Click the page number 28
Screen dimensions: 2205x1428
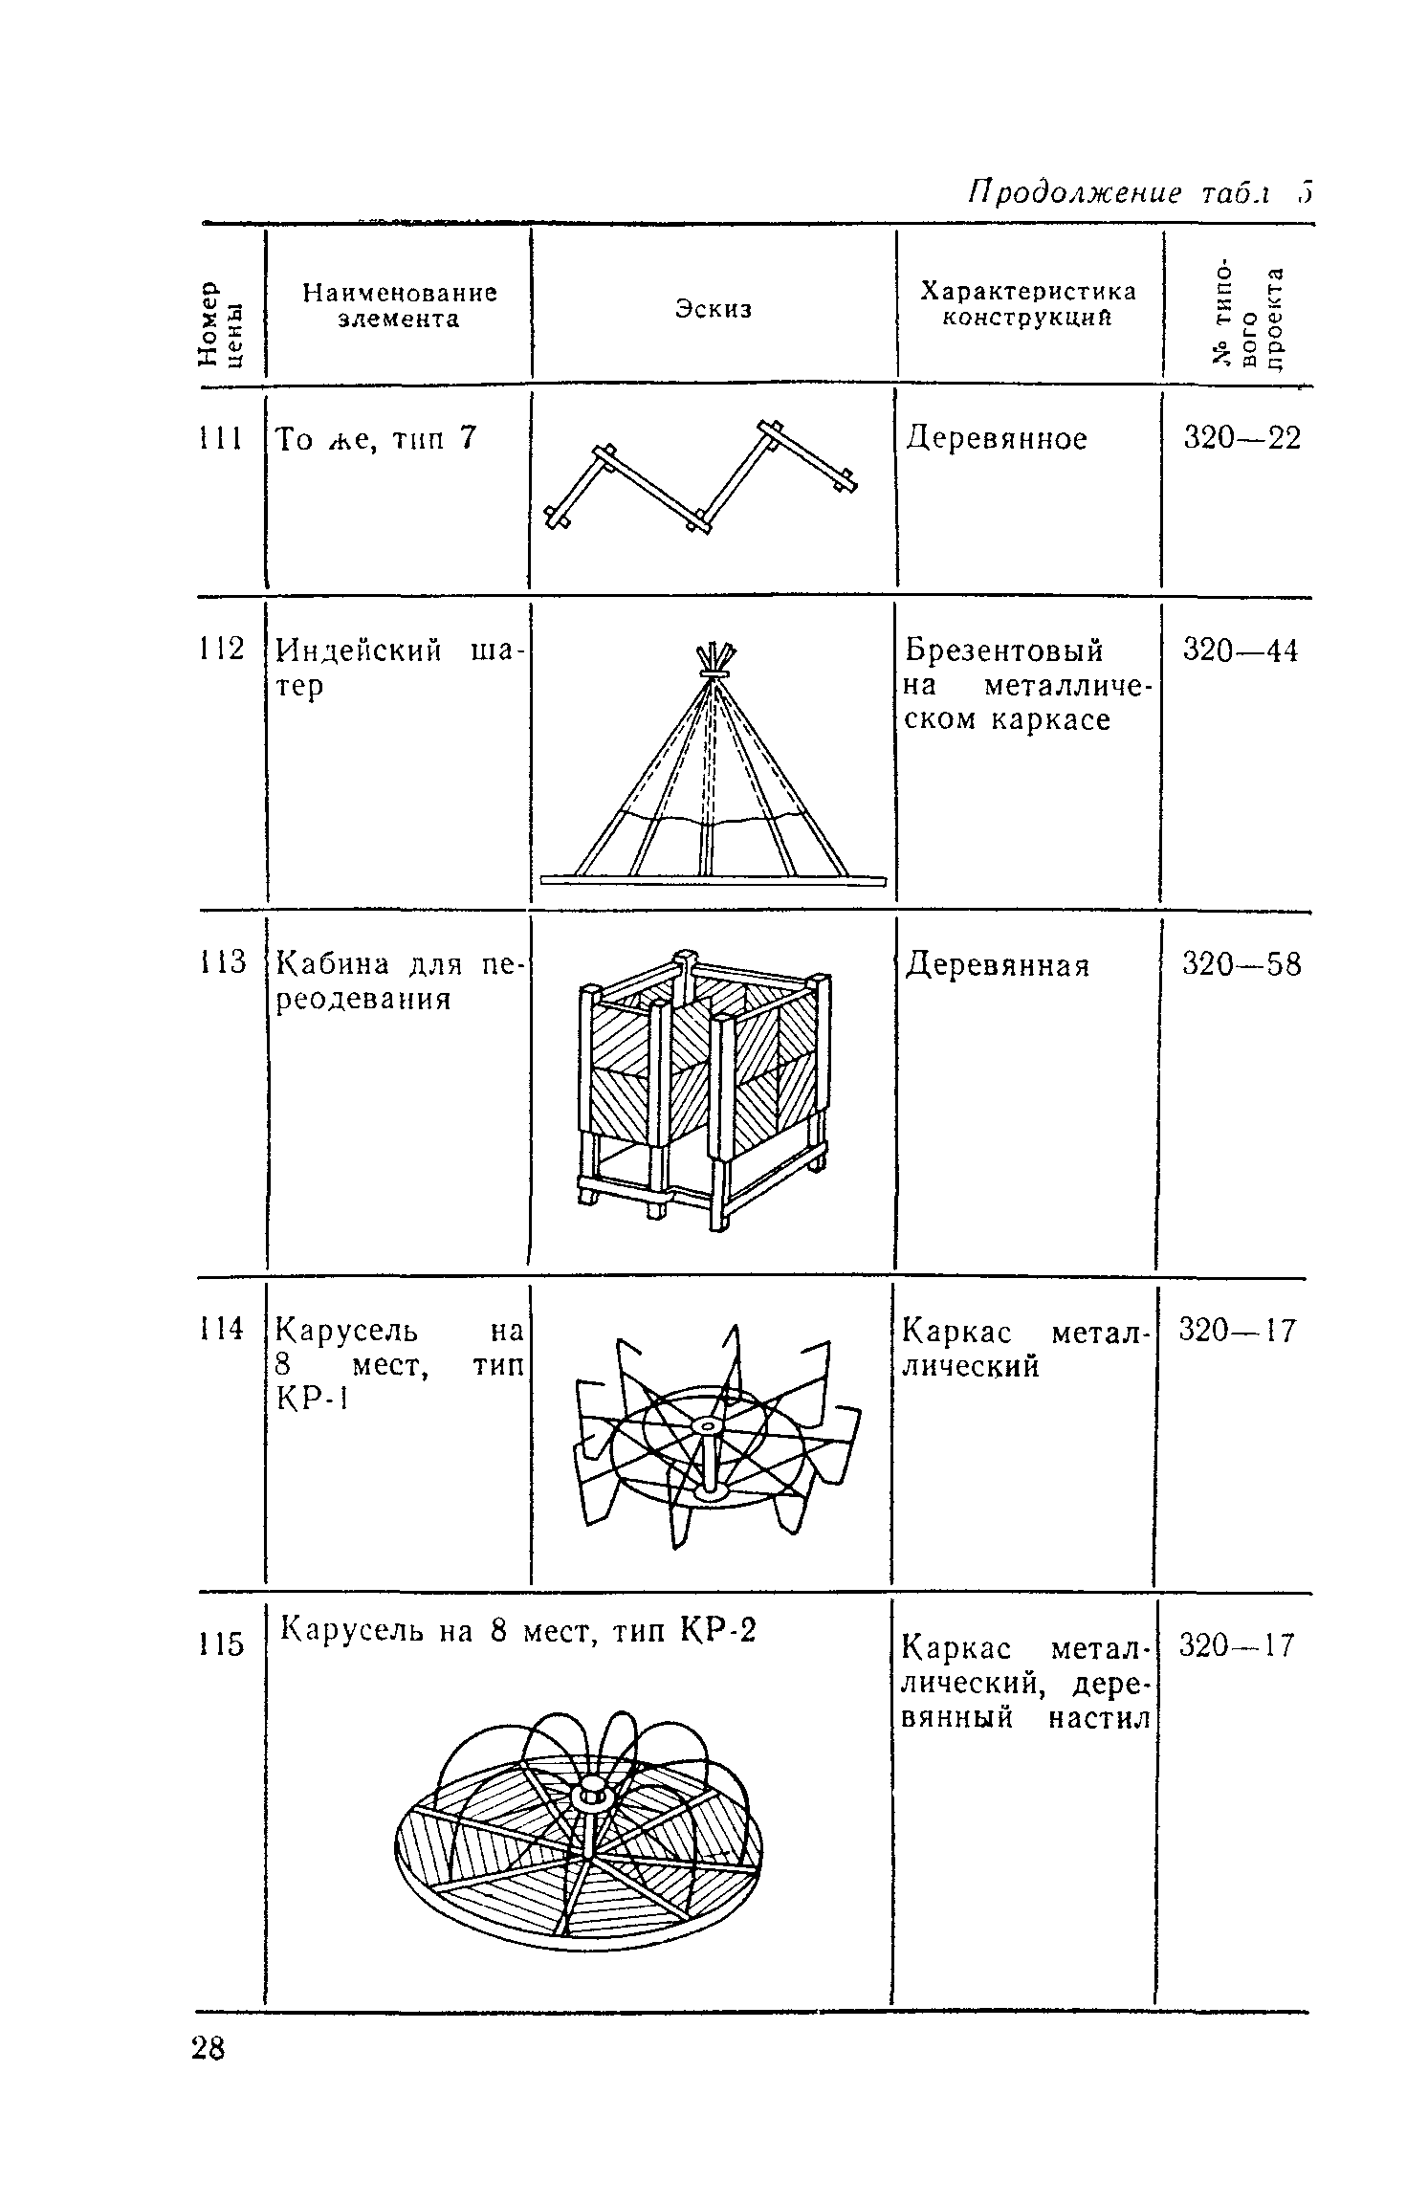click(x=208, y=2050)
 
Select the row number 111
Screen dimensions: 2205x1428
click(x=219, y=439)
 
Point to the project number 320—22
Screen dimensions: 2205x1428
click(x=1242, y=438)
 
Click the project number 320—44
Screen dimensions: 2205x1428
click(x=1241, y=650)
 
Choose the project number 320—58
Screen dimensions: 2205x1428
click(x=1241, y=964)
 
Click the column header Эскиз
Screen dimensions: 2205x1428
click(x=714, y=309)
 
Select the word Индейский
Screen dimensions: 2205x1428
click(x=359, y=651)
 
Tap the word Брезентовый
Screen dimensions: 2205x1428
click(x=1003, y=650)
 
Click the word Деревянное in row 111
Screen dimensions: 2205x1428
click(x=997, y=439)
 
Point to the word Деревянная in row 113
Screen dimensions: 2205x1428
click(x=998, y=965)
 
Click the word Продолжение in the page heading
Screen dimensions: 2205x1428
click(x=1073, y=193)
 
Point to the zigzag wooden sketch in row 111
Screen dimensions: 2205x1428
click(x=701, y=474)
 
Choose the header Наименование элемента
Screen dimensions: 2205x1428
click(x=399, y=305)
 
